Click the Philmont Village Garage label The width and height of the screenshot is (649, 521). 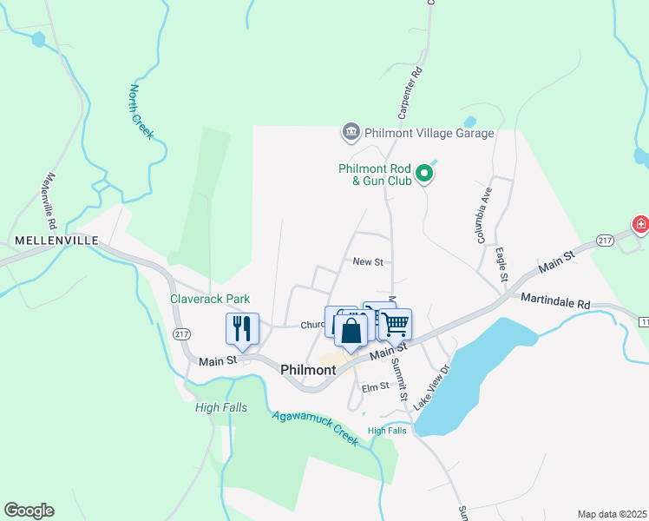coord(429,133)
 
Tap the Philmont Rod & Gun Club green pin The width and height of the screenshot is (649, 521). coord(424,175)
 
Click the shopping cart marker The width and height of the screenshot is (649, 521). coord(396,324)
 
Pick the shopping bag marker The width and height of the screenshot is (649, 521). coord(351,331)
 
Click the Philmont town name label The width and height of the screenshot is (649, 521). coord(308,370)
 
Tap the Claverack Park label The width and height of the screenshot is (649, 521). coord(210,299)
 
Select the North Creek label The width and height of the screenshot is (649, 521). coord(141,112)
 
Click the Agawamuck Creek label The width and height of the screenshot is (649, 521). coord(314,427)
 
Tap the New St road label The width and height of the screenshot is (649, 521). coord(368,260)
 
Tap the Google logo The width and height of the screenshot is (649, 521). coord(29,511)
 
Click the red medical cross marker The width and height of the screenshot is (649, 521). coord(640,225)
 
